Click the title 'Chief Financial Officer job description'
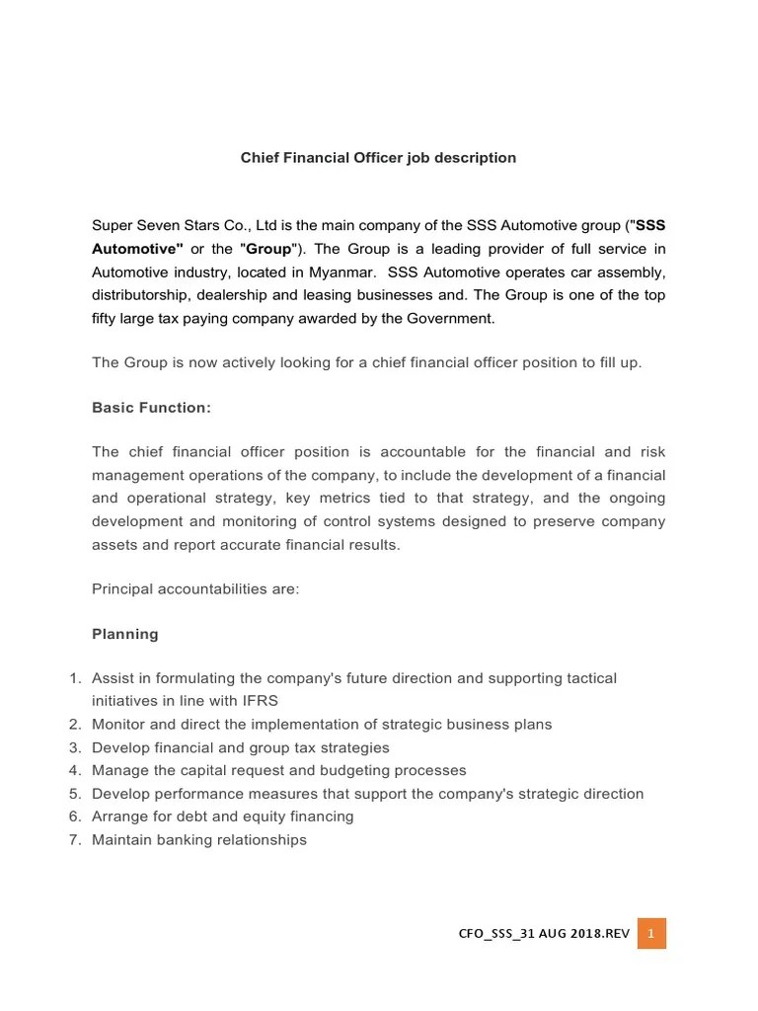379,158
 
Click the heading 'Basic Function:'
151,407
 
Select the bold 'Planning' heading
124,634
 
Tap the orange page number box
651,934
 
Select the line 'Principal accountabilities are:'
194,588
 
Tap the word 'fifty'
106,318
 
